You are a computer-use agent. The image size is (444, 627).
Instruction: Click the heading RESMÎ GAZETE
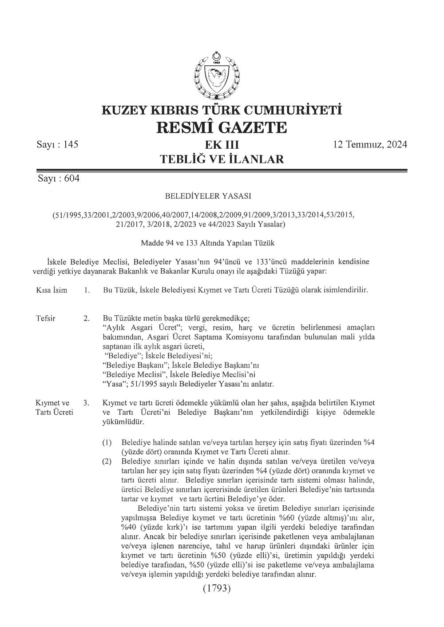pyautogui.click(x=222, y=127)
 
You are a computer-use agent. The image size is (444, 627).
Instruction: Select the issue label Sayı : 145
pyautogui.click(x=57, y=144)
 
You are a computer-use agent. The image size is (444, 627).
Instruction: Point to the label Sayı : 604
pyautogui.click(x=59, y=179)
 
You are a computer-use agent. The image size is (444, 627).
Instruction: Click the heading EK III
pyautogui.click(x=222, y=146)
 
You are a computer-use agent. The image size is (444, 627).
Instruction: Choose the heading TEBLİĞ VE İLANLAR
pyautogui.click(x=222, y=159)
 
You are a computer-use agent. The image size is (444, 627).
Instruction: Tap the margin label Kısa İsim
pyautogui.click(x=52, y=290)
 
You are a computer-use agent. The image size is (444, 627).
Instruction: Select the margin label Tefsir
pyautogui.click(x=45, y=318)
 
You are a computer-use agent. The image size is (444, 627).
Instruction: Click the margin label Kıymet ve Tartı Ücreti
pyautogui.click(x=53, y=408)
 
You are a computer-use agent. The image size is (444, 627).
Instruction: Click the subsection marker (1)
pyautogui.click(x=107, y=443)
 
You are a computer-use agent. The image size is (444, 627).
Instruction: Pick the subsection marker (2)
pyautogui.click(x=107, y=462)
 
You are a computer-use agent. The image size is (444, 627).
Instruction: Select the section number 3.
pyautogui.click(x=87, y=403)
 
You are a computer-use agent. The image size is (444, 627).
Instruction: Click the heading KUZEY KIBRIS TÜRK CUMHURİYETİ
pyautogui.click(x=222, y=109)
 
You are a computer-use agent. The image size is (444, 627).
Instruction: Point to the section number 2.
pyautogui.click(x=87, y=318)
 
